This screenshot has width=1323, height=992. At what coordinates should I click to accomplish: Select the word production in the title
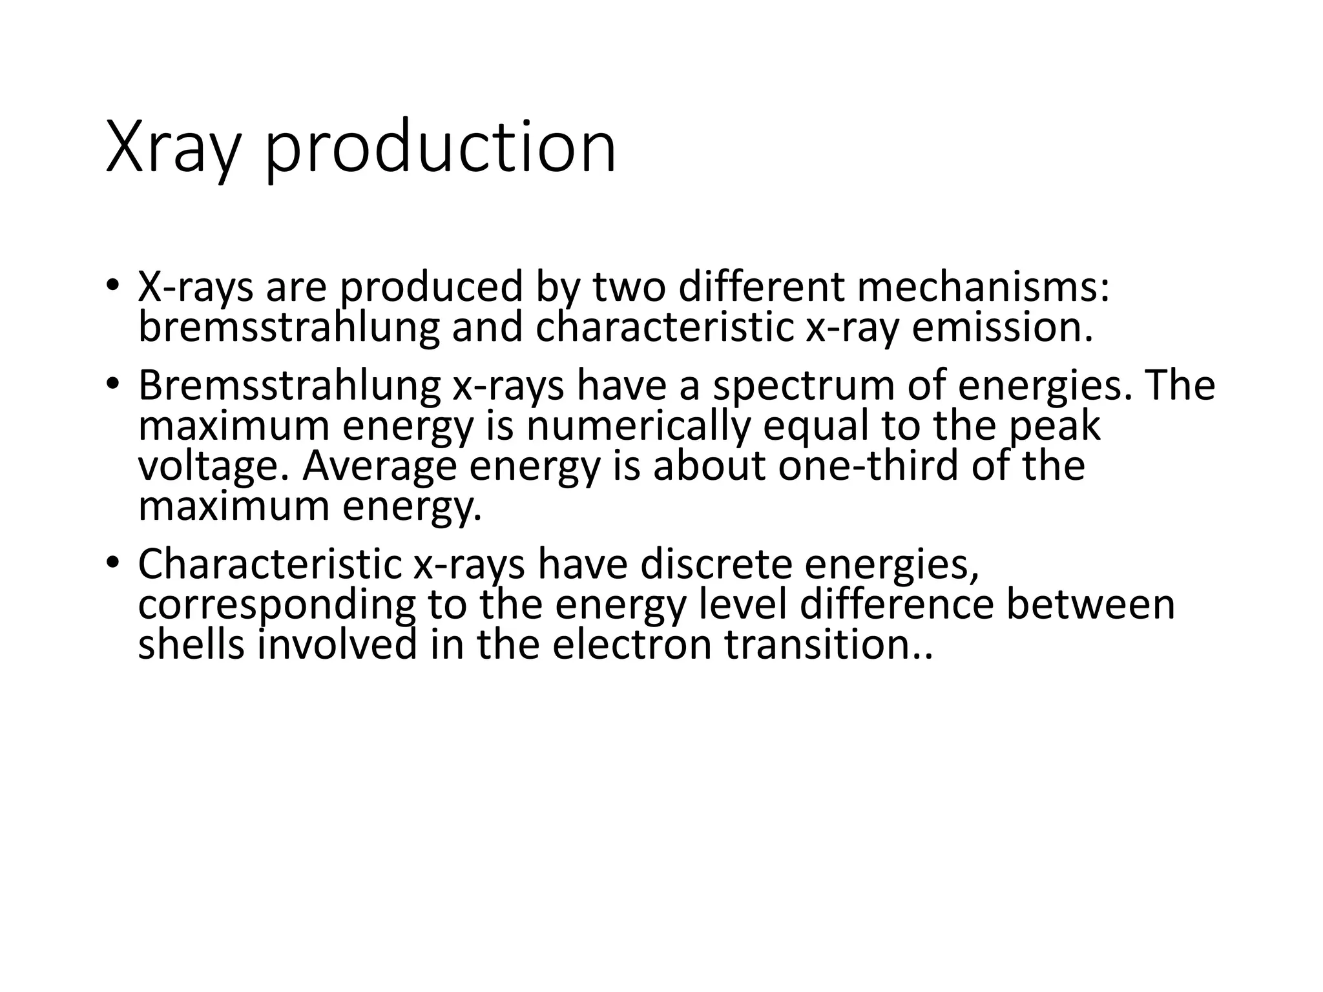[441, 149]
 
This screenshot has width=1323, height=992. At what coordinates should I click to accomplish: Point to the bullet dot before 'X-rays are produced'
[113, 284]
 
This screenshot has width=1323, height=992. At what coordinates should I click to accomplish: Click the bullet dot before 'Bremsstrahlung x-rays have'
[113, 384]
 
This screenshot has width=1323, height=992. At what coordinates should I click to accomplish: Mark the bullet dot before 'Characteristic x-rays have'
[113, 562]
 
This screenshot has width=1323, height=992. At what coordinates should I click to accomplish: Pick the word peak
[1054, 426]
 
